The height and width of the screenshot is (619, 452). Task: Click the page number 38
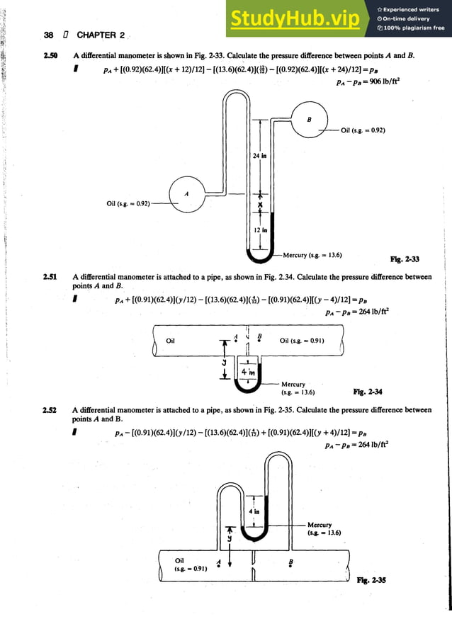tap(49, 34)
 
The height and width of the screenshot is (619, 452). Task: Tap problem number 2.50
tap(50, 56)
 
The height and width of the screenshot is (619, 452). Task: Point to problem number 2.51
tap(50, 278)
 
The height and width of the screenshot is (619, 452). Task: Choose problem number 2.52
tap(50, 410)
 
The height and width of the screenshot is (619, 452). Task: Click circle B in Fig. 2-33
tap(309, 120)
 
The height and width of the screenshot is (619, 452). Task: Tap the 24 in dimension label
tap(260, 156)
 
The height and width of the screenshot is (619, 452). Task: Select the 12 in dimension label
tap(260, 230)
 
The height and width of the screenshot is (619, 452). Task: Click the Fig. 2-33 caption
tap(405, 260)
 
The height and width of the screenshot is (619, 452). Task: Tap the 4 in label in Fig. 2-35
tap(254, 511)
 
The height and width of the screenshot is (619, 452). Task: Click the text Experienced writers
tap(412, 9)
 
